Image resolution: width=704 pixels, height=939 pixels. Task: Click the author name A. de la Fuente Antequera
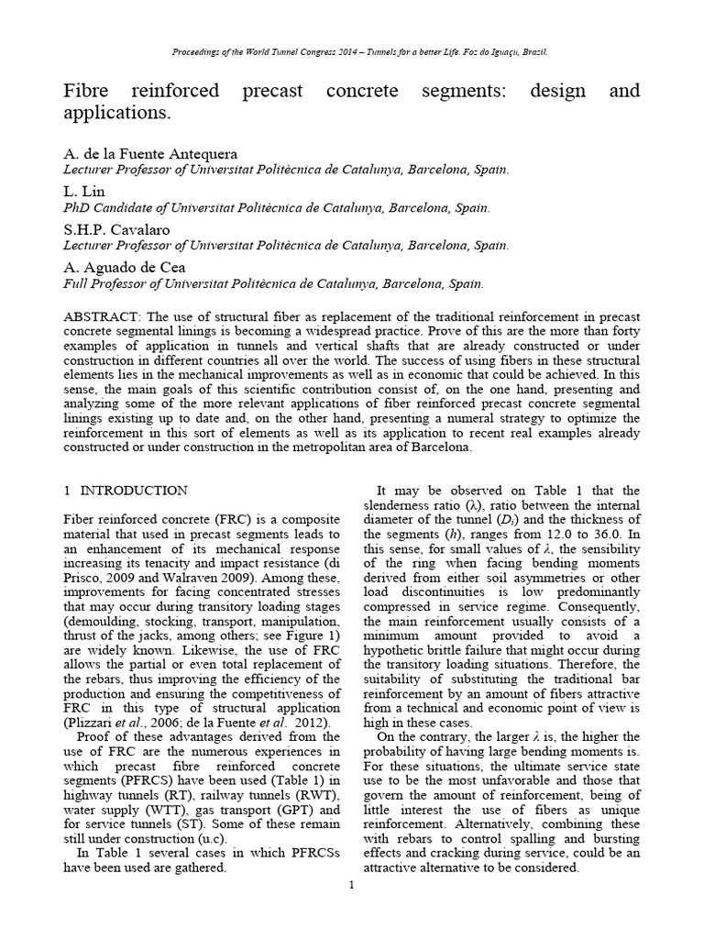[151, 154]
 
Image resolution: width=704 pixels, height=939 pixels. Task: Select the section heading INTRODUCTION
[132, 491]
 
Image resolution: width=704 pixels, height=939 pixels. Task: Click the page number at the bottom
[351, 886]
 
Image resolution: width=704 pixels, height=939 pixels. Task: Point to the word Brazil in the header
[533, 52]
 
